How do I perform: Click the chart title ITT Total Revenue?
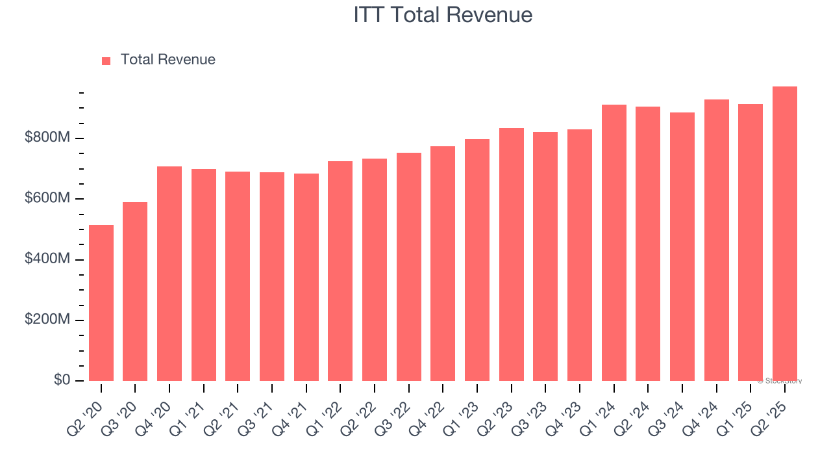coord(443,15)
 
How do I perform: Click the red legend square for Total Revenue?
coord(106,60)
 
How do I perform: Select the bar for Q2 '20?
coord(101,303)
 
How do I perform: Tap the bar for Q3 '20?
coord(135,291)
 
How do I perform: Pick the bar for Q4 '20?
coord(169,274)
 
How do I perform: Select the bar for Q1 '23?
coord(477,260)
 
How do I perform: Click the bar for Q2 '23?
coord(512,254)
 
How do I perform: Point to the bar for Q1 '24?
coord(614,242)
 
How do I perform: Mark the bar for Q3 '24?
coord(682,246)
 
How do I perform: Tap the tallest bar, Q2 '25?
coord(785,233)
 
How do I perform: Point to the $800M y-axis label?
coord(47,138)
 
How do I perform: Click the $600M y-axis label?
coord(47,198)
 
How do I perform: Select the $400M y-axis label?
coord(47,259)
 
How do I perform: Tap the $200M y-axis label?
coord(47,320)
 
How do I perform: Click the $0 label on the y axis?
coord(62,380)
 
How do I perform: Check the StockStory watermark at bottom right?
coord(779,381)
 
